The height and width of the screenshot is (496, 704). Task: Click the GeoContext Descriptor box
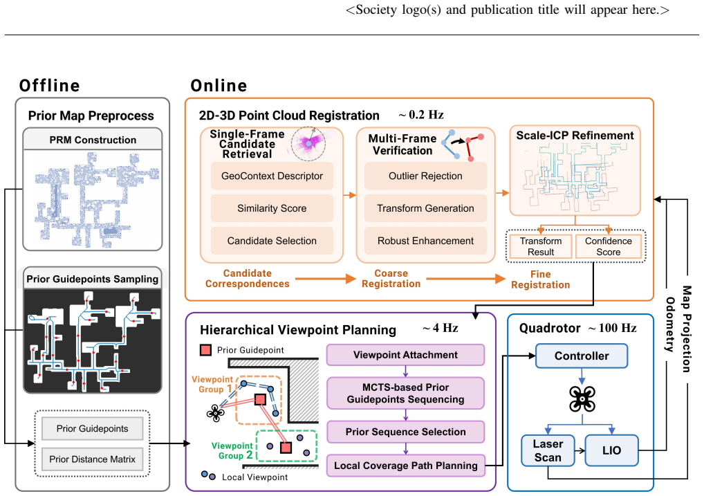point(272,176)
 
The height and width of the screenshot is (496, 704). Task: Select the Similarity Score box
point(272,208)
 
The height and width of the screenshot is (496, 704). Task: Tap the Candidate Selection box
point(272,240)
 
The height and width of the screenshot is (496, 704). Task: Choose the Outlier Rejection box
point(425,176)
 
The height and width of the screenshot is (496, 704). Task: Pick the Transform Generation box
point(425,208)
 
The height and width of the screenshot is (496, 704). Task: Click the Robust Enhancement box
point(425,240)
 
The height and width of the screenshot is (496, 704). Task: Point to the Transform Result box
point(541,246)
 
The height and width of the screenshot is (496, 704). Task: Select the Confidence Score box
point(609,246)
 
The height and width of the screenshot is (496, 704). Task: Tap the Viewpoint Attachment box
point(405,355)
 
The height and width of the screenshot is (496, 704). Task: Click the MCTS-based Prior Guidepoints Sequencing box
point(405,393)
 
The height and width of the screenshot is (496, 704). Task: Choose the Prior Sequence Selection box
point(405,432)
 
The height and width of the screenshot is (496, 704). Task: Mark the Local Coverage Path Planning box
point(405,466)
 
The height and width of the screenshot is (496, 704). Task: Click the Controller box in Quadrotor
point(582,356)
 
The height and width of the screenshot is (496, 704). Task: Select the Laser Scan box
point(548,450)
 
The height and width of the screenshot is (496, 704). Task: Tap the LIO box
point(611,450)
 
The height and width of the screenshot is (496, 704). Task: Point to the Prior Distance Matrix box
point(92,459)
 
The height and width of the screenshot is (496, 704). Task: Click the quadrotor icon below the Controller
point(582,398)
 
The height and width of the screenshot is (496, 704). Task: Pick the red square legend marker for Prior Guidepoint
point(205,350)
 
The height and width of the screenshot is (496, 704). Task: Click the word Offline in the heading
point(49,85)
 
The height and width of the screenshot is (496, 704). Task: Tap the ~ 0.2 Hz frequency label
point(421,115)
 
